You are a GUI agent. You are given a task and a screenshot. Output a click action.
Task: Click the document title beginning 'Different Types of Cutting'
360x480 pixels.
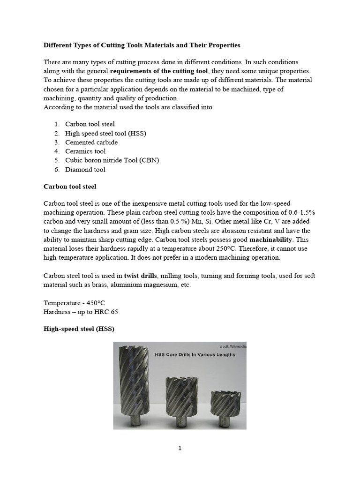[x=142, y=45]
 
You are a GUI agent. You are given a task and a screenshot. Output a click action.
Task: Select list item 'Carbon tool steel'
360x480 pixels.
[x=90, y=124]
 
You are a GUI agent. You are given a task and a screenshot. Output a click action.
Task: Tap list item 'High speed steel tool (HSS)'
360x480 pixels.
[x=105, y=133]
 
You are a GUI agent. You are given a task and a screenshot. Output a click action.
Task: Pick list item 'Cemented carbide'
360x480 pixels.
[x=91, y=142]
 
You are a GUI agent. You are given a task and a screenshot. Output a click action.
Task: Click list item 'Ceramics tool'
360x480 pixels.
[x=85, y=151]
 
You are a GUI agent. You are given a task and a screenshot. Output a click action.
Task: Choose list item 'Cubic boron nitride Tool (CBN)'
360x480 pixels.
[x=112, y=160]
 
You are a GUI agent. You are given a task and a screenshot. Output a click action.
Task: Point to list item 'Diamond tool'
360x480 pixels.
[x=85, y=169]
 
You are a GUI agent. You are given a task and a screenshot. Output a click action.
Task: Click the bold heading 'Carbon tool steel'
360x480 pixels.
[x=70, y=187]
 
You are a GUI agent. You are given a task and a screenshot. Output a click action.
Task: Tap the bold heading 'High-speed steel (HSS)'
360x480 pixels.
[x=79, y=329]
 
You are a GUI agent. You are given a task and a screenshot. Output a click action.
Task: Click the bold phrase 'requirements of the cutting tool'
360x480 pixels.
[x=159, y=71]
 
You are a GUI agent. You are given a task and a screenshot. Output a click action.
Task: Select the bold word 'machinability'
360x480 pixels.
[x=265, y=240]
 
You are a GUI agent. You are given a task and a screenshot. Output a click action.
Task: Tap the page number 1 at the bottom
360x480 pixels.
[x=180, y=448]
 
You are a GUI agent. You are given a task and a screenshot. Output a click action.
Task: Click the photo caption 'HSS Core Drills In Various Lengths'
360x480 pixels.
[x=195, y=355]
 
